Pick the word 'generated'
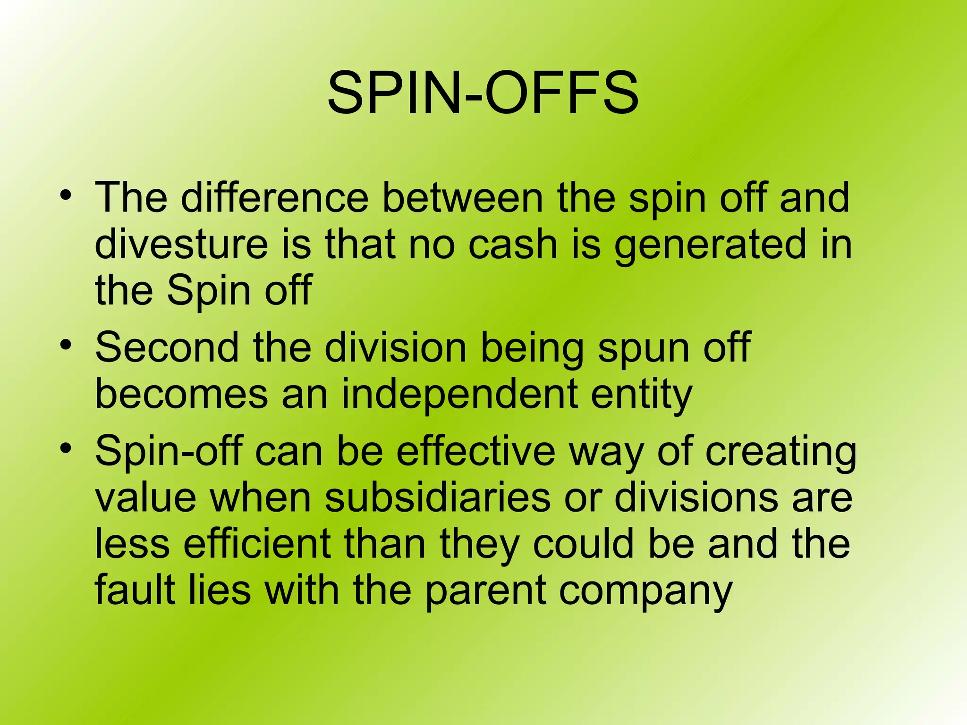[x=710, y=245]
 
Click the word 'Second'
[x=167, y=347]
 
